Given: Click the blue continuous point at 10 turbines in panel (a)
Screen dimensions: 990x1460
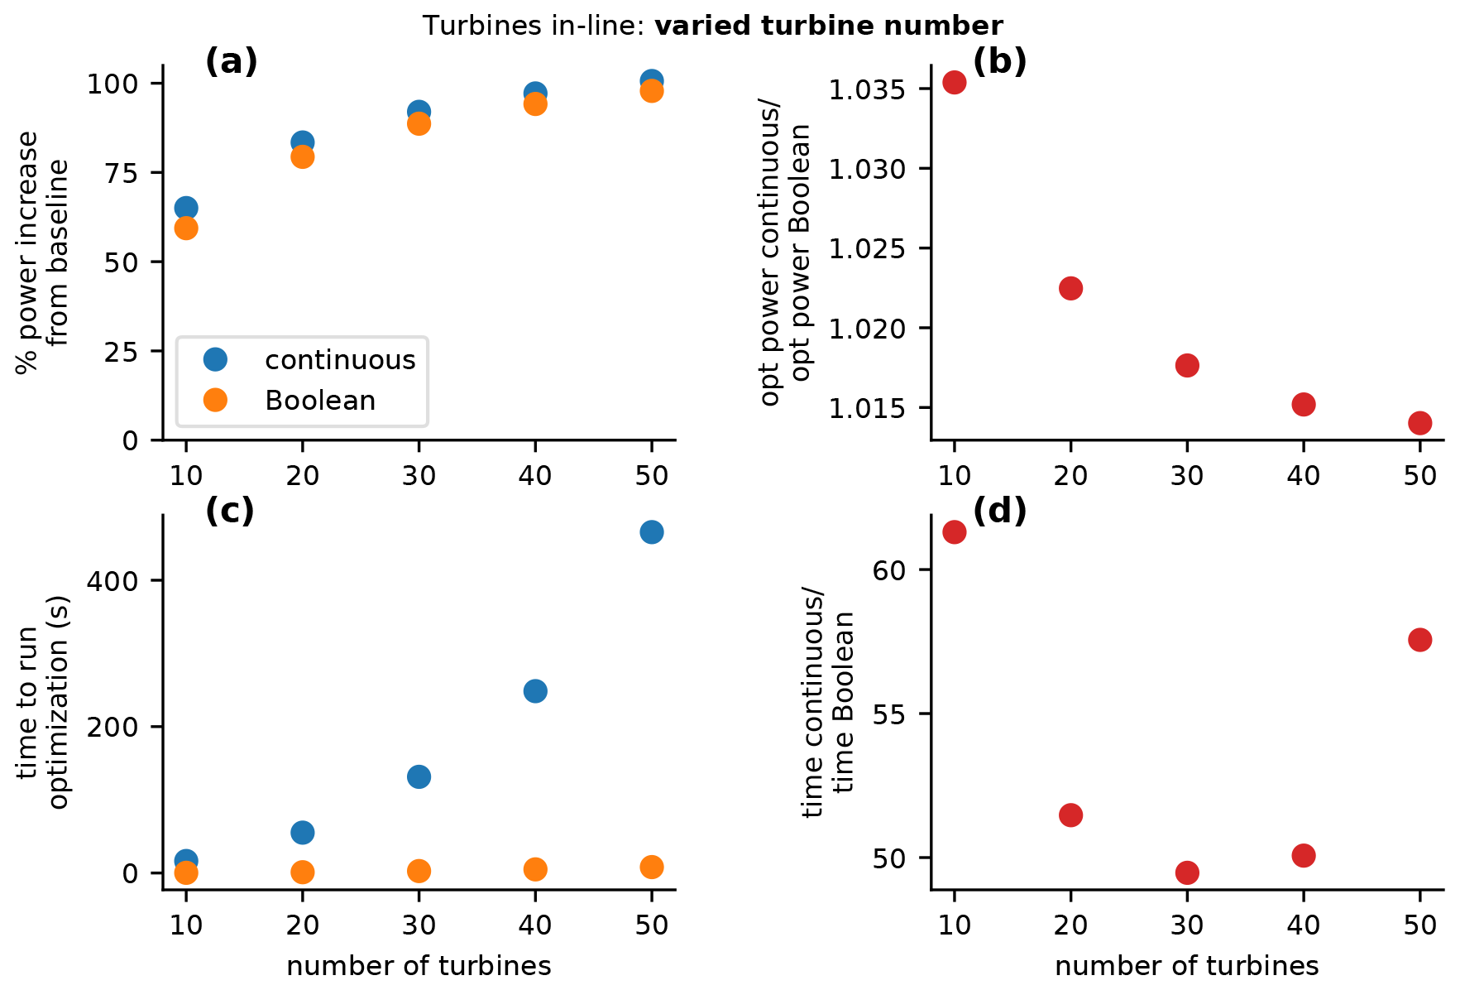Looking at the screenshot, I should [x=186, y=208].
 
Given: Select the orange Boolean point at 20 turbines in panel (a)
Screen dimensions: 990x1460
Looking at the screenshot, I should [x=303, y=156].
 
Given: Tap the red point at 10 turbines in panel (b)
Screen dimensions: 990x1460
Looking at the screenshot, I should [x=955, y=82].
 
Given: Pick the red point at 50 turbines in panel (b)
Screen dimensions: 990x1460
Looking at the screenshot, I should [x=1419, y=423].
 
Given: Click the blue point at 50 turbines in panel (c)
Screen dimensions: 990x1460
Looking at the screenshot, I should [x=651, y=531].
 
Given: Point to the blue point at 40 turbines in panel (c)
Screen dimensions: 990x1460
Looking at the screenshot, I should [x=535, y=691].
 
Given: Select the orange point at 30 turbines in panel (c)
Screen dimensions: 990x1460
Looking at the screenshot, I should [x=419, y=871].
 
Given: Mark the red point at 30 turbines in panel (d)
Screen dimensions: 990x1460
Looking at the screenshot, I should [x=1187, y=872].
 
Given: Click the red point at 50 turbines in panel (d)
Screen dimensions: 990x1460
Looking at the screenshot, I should [x=1419, y=640].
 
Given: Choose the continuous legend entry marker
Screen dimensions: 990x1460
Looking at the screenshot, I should [x=215, y=359].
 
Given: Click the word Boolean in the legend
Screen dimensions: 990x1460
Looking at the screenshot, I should [x=320, y=401].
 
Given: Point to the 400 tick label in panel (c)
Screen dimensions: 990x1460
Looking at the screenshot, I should [x=113, y=581].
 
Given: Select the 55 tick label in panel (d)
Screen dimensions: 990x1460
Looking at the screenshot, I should [x=889, y=714].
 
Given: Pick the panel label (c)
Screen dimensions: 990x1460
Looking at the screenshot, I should [x=229, y=512].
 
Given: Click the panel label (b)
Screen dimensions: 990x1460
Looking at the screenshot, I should [x=999, y=61].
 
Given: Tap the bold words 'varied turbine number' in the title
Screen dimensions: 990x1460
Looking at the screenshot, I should [x=829, y=26].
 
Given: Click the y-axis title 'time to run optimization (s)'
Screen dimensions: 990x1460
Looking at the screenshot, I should [x=43, y=702].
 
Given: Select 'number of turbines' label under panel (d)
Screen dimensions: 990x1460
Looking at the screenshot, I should [x=1186, y=966].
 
